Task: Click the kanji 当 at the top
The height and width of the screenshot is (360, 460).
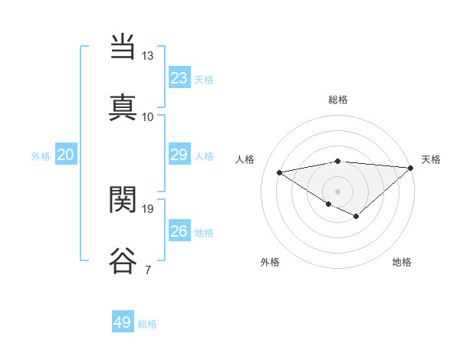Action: coord(123,48)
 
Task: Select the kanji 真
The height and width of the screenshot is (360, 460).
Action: coord(123,106)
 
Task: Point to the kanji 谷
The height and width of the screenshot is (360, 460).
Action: coord(123,259)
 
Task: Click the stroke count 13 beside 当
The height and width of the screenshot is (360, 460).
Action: coord(147,56)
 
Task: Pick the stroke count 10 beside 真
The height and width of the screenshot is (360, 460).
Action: coord(147,116)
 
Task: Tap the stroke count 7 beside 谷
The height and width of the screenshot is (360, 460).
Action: coord(147,270)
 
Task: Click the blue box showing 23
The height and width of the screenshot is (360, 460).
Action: coord(179,78)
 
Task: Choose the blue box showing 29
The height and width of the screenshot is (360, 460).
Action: coord(179,155)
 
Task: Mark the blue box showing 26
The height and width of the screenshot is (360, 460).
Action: coord(179,231)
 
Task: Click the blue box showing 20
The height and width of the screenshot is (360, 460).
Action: coord(65,155)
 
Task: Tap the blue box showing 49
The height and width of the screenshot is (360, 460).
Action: coord(123,322)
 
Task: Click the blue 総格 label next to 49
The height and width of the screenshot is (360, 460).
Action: coord(147,324)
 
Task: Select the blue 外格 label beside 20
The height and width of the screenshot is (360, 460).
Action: coord(41,156)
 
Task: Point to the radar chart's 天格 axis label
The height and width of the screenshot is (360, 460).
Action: coord(431,159)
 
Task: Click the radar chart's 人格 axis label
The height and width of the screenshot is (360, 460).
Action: coord(245,159)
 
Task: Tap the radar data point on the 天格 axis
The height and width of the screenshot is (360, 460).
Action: coord(411,168)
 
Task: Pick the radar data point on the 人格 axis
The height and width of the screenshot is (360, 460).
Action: coord(280,172)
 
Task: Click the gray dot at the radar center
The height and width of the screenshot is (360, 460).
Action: coord(338,191)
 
